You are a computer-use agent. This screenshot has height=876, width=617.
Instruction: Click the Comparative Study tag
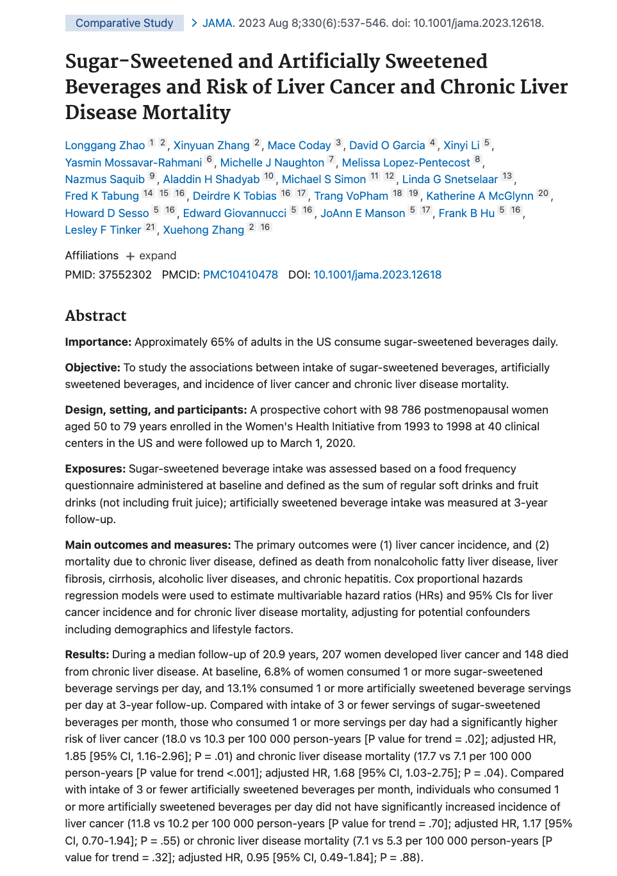[124, 23]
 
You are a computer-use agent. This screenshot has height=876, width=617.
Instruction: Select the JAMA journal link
[217, 23]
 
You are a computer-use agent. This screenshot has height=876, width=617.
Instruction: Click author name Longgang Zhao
[105, 145]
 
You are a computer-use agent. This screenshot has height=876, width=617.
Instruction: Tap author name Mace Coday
[299, 145]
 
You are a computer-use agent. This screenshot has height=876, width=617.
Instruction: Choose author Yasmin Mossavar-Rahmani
[133, 163]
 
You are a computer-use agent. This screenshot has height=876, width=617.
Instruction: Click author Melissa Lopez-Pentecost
[406, 163]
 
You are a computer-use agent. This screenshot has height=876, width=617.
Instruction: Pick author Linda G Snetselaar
[450, 179]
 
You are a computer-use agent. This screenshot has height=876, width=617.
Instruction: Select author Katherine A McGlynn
[479, 196]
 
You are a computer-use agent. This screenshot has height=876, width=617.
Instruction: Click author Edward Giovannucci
[234, 213]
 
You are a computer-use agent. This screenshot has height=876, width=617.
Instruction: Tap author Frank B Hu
[466, 213]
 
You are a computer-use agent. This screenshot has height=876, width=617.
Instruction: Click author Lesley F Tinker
[103, 230]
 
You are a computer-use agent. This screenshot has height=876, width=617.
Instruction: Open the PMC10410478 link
[240, 275]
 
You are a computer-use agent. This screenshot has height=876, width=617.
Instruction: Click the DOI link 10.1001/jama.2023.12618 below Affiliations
[377, 275]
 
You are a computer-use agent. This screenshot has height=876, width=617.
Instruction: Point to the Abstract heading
[95, 316]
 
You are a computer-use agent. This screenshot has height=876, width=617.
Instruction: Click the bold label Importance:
[98, 342]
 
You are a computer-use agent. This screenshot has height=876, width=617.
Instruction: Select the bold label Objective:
[92, 368]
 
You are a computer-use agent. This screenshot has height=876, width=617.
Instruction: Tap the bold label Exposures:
[95, 469]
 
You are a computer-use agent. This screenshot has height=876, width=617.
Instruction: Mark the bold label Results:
[86, 654]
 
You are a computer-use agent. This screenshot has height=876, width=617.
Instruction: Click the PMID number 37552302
[125, 275]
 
